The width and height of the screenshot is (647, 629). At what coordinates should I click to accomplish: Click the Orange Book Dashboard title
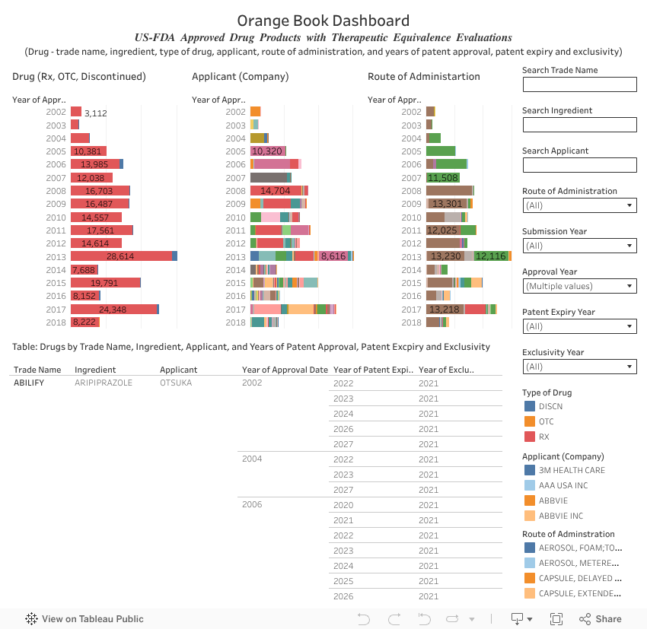click(x=323, y=21)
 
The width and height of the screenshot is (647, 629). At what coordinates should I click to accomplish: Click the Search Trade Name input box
click(x=579, y=84)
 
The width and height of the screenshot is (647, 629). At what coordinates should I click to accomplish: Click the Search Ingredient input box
click(x=579, y=125)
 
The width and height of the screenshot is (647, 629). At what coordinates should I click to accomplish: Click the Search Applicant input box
click(x=579, y=165)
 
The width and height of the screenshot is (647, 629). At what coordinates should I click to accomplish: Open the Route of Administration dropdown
click(x=579, y=205)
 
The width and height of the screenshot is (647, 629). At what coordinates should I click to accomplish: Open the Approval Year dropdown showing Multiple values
click(x=579, y=286)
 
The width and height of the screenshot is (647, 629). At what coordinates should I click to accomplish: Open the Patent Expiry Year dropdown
click(x=579, y=326)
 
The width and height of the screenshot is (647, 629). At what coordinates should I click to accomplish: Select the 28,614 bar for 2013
click(x=121, y=256)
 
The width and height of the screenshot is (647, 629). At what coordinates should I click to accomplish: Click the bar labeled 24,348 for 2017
click(x=113, y=310)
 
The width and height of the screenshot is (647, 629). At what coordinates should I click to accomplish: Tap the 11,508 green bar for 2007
click(x=442, y=178)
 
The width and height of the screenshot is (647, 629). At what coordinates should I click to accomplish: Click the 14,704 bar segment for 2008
click(x=276, y=191)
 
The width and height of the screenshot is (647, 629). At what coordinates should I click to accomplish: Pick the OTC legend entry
click(x=546, y=421)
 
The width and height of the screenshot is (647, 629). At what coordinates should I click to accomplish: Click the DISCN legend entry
click(x=550, y=406)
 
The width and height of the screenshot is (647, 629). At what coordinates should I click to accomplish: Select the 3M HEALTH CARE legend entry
click(x=571, y=470)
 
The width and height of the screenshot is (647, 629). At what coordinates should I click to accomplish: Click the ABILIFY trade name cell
click(x=29, y=383)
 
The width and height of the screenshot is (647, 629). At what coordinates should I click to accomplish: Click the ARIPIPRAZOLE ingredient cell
click(x=104, y=383)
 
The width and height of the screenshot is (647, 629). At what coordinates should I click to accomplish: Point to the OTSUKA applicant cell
click(x=176, y=383)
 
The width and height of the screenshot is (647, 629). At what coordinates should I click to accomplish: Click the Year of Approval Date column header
click(x=285, y=370)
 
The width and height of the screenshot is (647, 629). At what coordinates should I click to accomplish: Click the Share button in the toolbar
click(x=601, y=619)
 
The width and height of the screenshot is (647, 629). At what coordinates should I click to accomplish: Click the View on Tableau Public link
click(x=85, y=619)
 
